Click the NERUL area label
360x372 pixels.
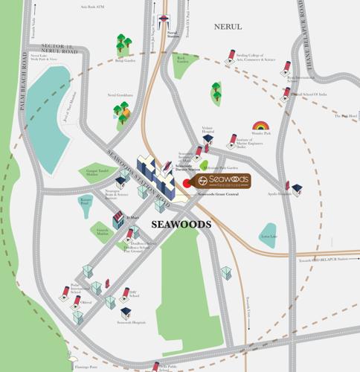pyautogui.click(x=228, y=27)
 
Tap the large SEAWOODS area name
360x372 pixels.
pyautogui.click(x=181, y=224)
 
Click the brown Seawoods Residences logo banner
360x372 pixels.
pyautogui.click(x=220, y=181)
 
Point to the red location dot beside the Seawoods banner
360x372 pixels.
pyautogui.click(x=186, y=183)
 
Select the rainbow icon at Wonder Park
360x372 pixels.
pyautogui.click(x=260, y=126)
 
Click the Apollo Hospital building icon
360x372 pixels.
pyautogui.click(x=297, y=190)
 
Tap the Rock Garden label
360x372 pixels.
pyautogui.click(x=181, y=60)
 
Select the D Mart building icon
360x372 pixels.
pyautogui.click(x=118, y=221)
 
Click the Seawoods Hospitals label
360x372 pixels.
pyautogui.click(x=131, y=322)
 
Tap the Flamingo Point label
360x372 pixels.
pyautogui.click(x=86, y=366)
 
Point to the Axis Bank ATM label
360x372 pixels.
pyautogui.click(x=94, y=6)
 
